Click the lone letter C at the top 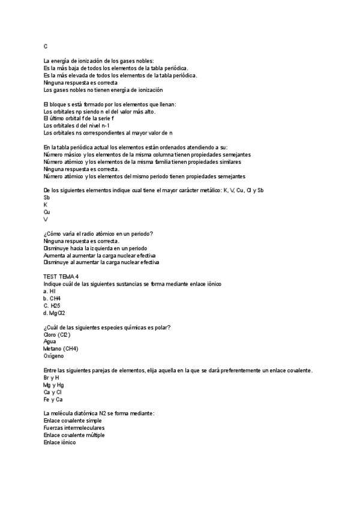46,46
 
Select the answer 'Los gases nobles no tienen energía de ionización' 103,90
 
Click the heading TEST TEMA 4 61,276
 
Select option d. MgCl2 54,313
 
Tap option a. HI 50,291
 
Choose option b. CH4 52,298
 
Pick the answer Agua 51,342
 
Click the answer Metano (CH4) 61,349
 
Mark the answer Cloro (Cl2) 58,334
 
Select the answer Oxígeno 55,356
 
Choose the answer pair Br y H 52,378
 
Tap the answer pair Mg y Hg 54,385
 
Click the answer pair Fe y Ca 53,399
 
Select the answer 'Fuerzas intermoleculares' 74,428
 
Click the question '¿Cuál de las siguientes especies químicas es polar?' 107,327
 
